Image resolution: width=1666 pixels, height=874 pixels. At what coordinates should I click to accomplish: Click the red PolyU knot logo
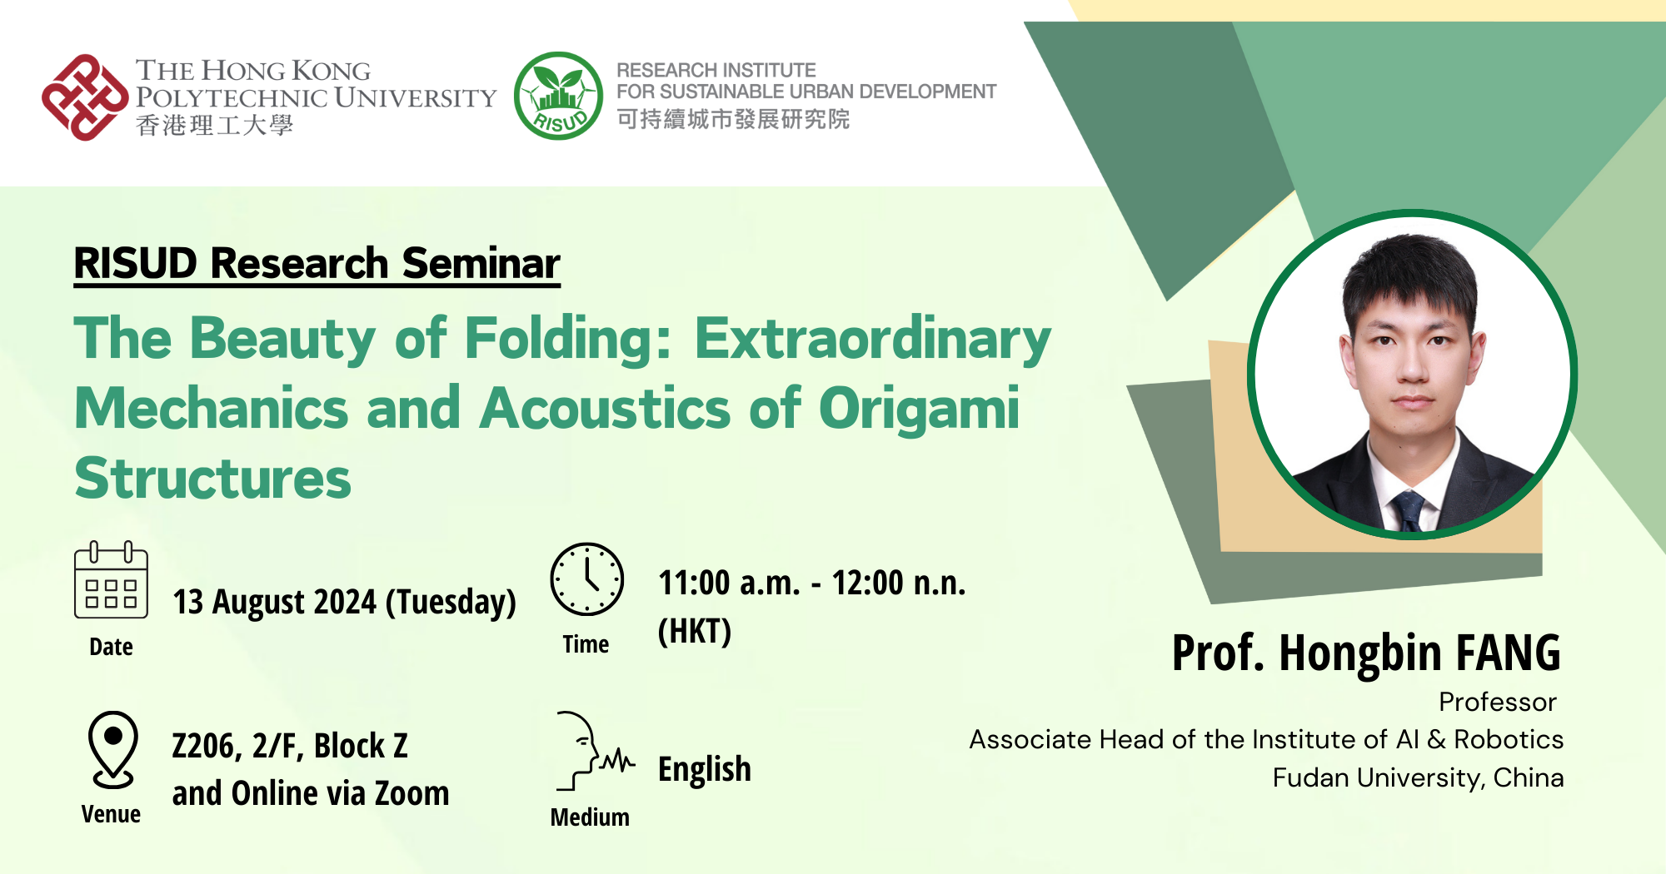[x=86, y=97]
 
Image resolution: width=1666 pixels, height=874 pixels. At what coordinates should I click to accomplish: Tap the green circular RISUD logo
[x=558, y=96]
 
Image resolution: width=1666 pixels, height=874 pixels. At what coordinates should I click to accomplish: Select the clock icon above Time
[x=586, y=579]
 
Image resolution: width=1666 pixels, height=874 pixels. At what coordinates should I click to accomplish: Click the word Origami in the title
[x=919, y=410]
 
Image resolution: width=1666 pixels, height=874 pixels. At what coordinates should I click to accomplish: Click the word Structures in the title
[x=213, y=479]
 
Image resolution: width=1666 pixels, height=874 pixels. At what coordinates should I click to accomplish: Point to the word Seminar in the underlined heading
[x=481, y=263]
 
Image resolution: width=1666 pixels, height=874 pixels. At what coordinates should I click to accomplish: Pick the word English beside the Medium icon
[x=705, y=770]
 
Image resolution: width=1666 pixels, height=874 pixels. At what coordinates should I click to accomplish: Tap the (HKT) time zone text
[x=695, y=631]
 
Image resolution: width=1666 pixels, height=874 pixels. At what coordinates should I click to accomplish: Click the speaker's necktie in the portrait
[x=1408, y=509]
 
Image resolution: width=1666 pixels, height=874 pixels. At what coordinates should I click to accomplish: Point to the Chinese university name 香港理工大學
[x=215, y=125]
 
